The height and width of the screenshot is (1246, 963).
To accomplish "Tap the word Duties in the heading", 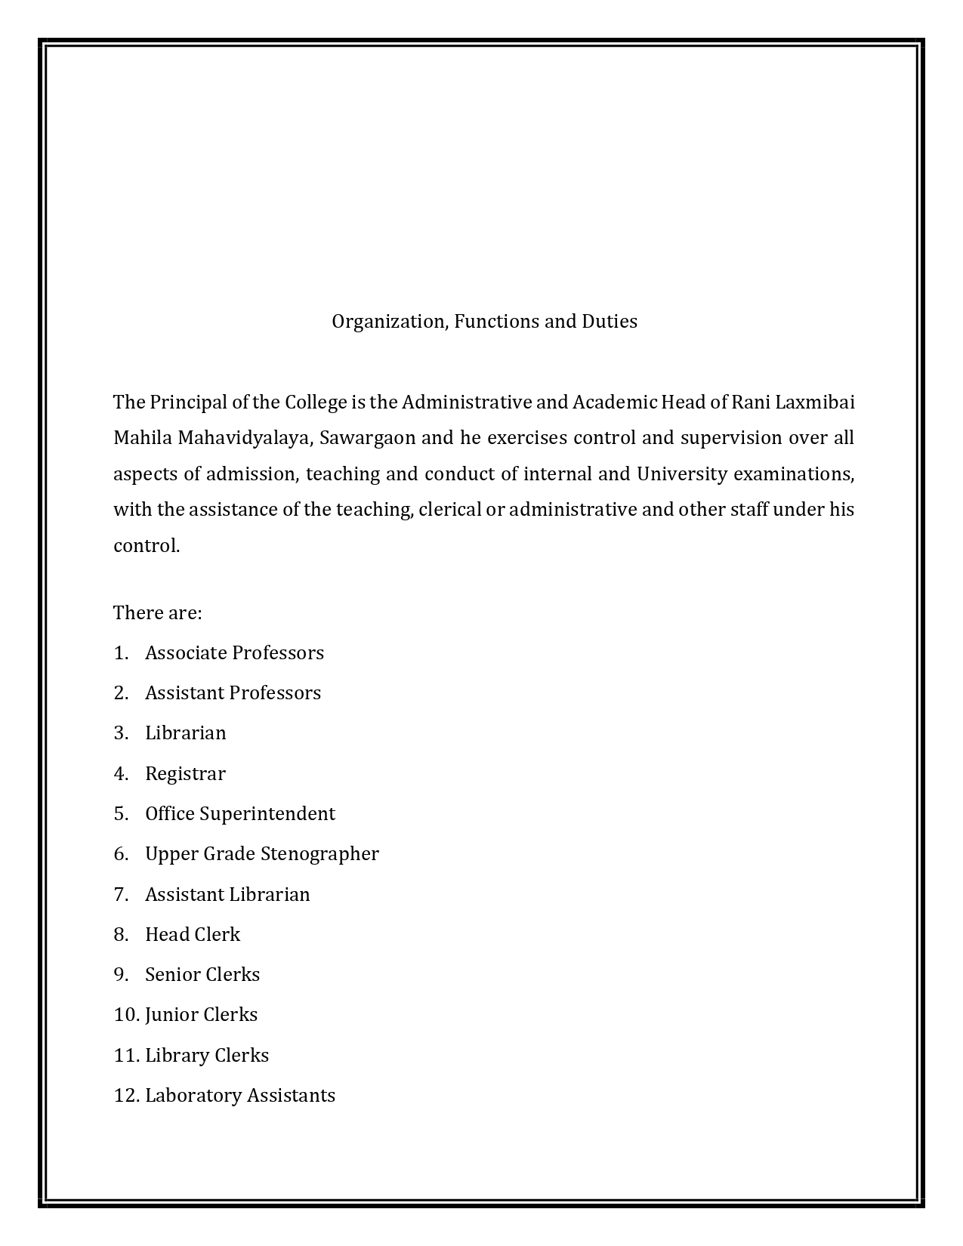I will click(609, 322).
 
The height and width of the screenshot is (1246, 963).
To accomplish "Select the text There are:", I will click(157, 612).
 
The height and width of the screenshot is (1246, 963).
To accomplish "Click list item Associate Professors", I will click(234, 653).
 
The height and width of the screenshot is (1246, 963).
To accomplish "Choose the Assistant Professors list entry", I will click(233, 693).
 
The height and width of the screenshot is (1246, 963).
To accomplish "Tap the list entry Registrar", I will click(185, 774).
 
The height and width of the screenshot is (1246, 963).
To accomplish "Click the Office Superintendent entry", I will click(239, 814).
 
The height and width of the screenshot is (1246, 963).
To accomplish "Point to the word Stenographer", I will click(319, 854).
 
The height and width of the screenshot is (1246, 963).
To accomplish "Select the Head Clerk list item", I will click(193, 935).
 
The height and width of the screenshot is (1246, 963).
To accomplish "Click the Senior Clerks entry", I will click(202, 975).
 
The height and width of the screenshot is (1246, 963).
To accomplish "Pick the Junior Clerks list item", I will click(201, 1015).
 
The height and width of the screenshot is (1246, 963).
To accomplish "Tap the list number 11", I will click(124, 1056).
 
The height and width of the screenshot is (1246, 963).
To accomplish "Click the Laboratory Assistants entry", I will click(239, 1096).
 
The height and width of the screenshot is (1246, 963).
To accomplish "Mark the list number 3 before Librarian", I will click(120, 733).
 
